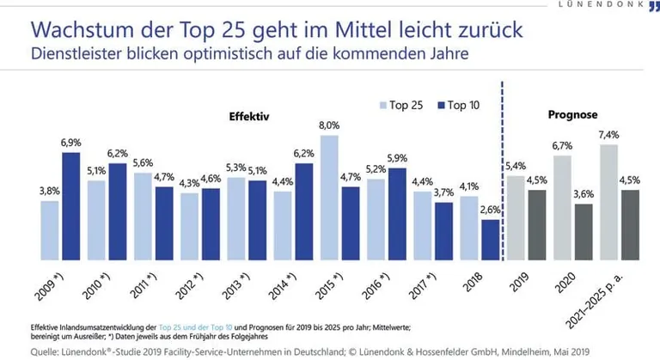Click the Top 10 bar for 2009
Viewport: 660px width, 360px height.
70,206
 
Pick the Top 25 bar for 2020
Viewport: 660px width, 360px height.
562,207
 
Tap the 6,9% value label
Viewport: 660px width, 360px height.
71,142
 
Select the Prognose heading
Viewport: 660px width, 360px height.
574,114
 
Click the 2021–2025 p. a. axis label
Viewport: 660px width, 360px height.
608,296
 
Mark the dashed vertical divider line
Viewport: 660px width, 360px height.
502,172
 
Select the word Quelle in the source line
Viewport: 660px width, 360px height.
25,350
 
